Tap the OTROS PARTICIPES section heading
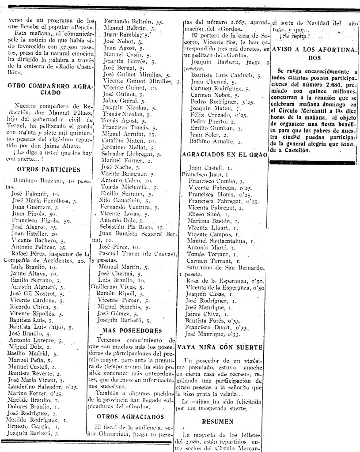[x=48, y=169]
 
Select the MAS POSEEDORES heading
[x=131, y=330]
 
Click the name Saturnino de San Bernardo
[x=225, y=267]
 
